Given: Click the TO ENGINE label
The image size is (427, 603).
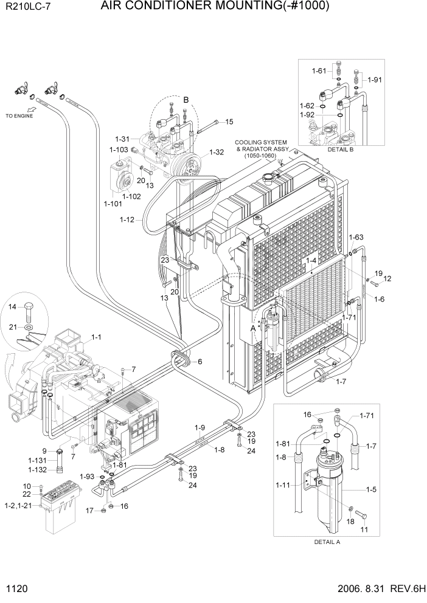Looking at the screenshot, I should click(19, 115).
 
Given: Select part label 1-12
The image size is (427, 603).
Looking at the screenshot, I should click(127, 219).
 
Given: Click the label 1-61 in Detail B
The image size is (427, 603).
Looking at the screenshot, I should click(319, 71).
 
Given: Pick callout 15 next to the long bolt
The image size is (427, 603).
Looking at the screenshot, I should click(229, 122).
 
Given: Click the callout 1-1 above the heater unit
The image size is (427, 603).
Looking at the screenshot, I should click(97, 336).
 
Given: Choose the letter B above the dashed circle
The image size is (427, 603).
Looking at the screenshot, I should click(186, 99).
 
